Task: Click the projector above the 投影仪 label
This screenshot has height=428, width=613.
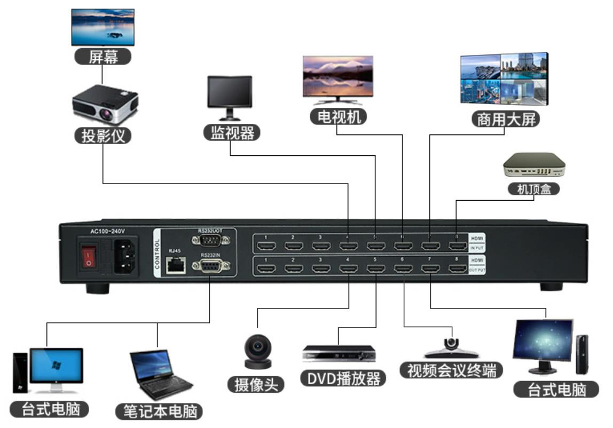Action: click(105, 106)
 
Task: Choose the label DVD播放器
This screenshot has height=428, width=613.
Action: click(343, 378)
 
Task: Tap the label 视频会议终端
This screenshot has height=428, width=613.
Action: click(451, 370)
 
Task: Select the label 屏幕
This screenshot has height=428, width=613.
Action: click(102, 57)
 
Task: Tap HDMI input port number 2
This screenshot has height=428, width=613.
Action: click(293, 246)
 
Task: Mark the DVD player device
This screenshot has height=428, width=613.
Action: click(339, 353)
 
